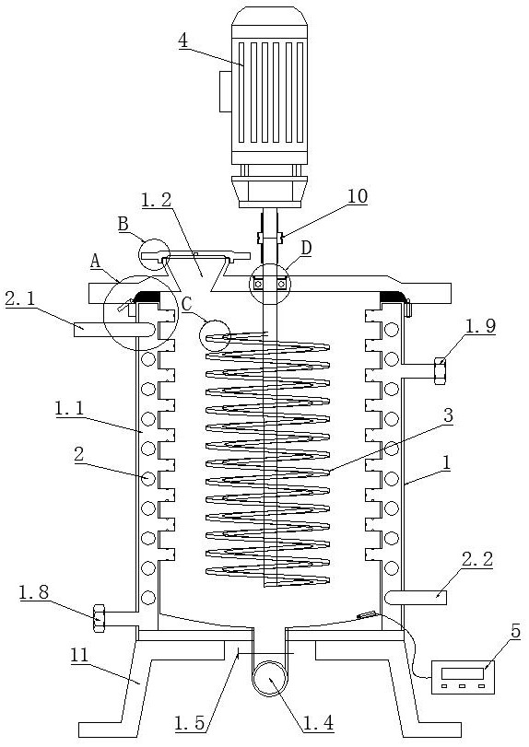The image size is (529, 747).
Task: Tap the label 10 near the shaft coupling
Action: point(358,196)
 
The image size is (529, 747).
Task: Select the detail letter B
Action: point(123,224)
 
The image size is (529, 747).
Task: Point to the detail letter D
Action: point(307,248)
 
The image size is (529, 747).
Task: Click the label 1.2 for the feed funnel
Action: point(157,199)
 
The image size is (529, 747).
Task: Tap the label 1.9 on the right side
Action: point(480,326)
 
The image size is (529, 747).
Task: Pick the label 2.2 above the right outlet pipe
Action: point(477,559)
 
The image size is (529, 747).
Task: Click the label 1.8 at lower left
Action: point(34,592)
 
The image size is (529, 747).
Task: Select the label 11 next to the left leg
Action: point(79,656)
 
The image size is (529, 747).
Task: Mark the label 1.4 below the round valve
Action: point(319,723)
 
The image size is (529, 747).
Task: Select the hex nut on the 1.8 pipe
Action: point(99,618)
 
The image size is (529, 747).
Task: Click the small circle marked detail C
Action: point(215,336)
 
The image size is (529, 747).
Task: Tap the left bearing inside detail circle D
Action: point(258,284)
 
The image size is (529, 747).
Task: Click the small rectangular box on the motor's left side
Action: point(226,91)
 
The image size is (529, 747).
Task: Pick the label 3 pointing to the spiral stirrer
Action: point(448,415)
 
